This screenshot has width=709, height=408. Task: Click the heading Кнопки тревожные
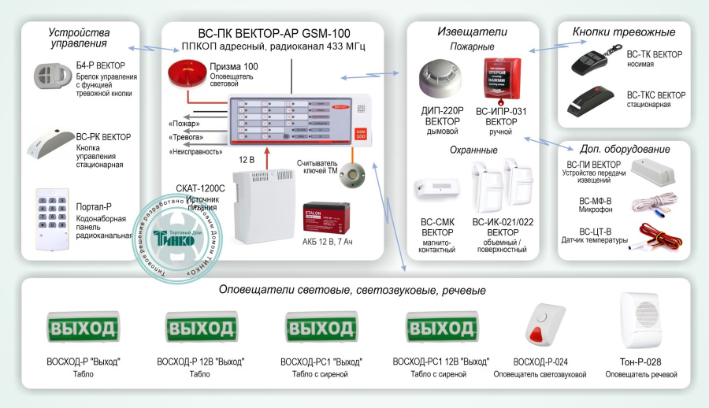624,32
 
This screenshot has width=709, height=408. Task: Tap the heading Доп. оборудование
624,149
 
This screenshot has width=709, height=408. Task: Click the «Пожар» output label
184,124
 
